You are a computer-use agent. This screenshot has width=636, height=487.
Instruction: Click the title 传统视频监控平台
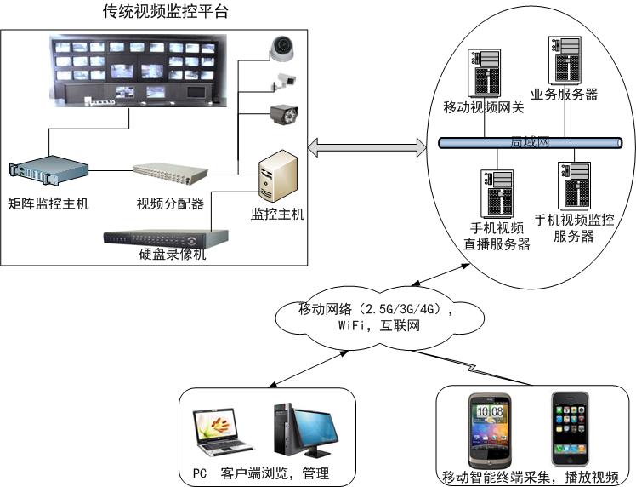click(x=165, y=12)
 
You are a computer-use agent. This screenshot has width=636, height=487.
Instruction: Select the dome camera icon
click(x=281, y=48)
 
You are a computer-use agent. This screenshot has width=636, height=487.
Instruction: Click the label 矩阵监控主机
click(x=48, y=203)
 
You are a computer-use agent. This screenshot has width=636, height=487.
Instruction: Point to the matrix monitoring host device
click(x=49, y=172)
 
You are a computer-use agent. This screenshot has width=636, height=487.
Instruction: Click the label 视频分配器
click(x=170, y=203)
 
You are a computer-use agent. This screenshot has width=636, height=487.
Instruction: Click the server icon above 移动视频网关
click(x=483, y=73)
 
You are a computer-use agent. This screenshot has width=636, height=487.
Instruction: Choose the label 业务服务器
click(x=564, y=95)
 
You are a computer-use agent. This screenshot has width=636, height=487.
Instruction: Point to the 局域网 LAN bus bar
click(x=527, y=142)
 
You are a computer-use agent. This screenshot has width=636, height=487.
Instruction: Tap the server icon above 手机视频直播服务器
click(x=497, y=193)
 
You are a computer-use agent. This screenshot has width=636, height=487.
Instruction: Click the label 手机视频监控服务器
click(x=574, y=228)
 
